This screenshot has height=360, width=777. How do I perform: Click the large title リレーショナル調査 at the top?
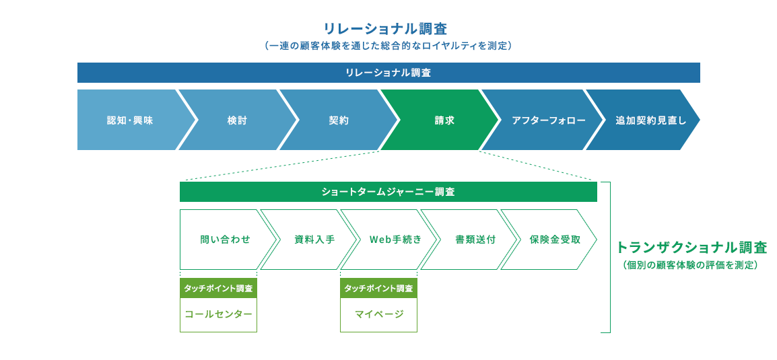(x=385, y=29)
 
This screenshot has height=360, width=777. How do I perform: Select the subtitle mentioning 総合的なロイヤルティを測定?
(x=388, y=46)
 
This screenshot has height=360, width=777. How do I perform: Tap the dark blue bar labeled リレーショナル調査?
(x=388, y=73)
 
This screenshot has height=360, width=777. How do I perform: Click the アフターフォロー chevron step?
(x=539, y=120)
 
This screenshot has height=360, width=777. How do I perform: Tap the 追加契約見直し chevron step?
(x=642, y=120)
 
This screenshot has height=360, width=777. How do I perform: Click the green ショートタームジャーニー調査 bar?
(x=388, y=192)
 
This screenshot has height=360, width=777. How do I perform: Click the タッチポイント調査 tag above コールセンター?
(x=218, y=288)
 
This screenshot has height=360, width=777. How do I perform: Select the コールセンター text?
(x=218, y=314)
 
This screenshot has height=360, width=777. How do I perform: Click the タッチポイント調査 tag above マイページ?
(x=378, y=288)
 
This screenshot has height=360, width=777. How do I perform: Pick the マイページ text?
(x=378, y=314)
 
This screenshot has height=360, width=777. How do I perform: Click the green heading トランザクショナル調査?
(x=691, y=247)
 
